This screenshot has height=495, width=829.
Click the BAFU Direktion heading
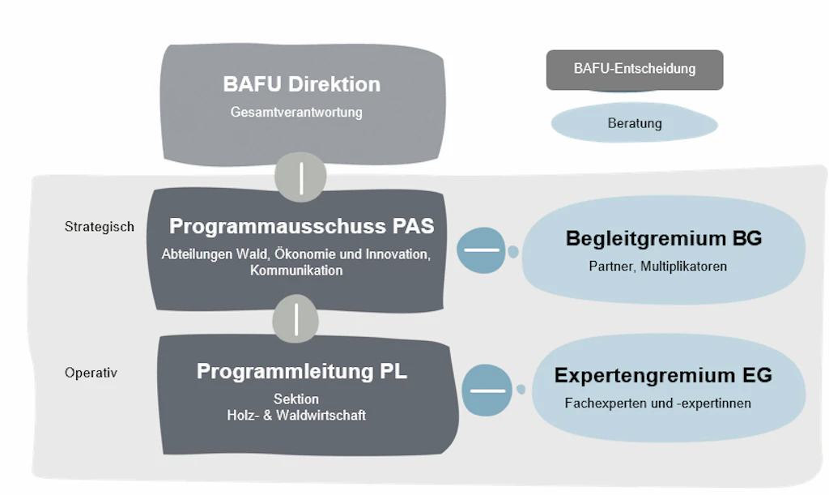tap(301, 84)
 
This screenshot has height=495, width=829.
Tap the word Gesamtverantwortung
tap(296, 113)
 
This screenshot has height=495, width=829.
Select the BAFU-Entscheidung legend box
tap(635, 69)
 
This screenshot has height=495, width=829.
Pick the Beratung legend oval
tap(635, 124)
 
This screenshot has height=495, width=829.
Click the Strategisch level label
tap(100, 227)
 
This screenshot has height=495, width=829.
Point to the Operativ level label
tap(91, 373)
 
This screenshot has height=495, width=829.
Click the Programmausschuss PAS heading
tap(301, 225)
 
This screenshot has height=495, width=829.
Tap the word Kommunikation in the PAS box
tap(296, 271)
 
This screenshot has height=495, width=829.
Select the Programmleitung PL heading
tap(301, 371)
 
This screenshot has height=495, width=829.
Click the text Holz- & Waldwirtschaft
tap(296, 416)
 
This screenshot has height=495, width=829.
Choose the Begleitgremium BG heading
tap(663, 238)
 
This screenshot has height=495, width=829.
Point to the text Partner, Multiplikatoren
tap(657, 267)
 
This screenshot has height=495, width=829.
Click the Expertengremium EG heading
tap(663, 375)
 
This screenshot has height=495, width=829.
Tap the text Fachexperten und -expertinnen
tap(657, 403)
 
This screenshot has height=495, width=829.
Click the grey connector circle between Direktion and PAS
tap(300, 177)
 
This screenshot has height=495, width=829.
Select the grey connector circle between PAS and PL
tap(296, 319)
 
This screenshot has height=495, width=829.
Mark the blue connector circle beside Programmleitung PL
tap(487, 390)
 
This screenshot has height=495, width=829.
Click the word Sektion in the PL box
tap(296, 399)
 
